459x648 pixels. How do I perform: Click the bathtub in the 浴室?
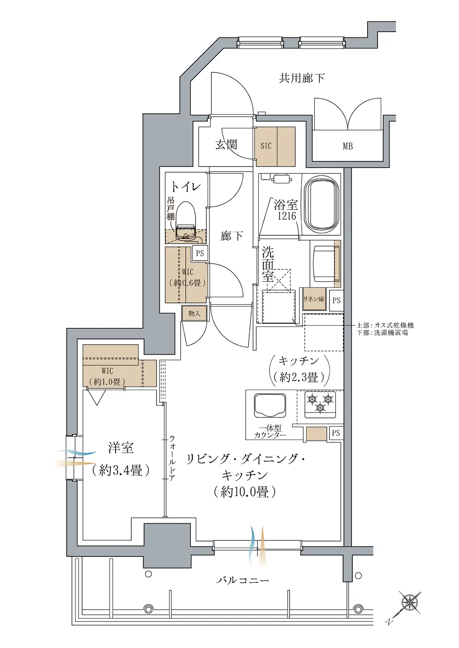(323, 205)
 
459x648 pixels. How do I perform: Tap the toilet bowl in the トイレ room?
(186, 218)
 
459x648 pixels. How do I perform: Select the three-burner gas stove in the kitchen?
(320, 404)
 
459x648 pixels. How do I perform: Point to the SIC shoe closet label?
(266, 146)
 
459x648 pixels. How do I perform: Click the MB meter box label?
(348, 146)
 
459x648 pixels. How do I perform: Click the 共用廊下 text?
(302, 78)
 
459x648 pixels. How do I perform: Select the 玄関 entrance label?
(226, 145)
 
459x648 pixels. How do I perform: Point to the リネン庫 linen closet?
(314, 299)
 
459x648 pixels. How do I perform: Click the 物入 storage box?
(194, 313)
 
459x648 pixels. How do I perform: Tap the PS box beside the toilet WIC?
(200, 253)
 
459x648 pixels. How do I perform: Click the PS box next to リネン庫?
(336, 300)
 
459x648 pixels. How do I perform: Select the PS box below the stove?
(336, 433)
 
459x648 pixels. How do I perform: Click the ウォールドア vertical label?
(172, 458)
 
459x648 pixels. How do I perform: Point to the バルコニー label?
(243, 580)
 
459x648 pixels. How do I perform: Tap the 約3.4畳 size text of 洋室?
(120, 471)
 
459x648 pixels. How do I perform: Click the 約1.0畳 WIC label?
(107, 382)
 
